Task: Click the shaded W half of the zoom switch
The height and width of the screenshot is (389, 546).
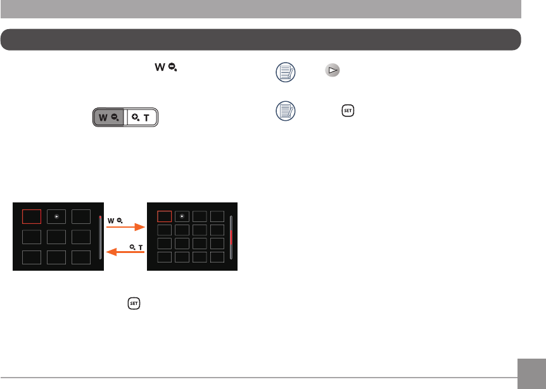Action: point(109,118)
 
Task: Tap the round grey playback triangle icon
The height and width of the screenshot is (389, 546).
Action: point(331,71)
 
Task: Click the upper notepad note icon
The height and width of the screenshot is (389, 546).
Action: point(285,73)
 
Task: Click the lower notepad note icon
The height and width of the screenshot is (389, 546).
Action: point(285,112)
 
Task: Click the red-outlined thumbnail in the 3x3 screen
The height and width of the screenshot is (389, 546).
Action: point(32,216)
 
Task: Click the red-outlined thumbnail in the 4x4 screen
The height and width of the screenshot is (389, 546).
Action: point(164,216)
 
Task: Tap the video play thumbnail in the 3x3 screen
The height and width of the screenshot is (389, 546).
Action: point(56,216)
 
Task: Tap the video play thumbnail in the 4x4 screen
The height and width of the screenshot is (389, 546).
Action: point(182,216)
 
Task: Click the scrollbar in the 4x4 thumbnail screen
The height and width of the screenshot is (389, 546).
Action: point(231,237)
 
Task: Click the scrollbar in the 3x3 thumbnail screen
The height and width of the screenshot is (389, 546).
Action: point(99,237)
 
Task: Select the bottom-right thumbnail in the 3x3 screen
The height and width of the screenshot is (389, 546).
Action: point(81,257)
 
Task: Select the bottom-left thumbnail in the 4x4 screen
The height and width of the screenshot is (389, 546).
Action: point(164,257)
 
